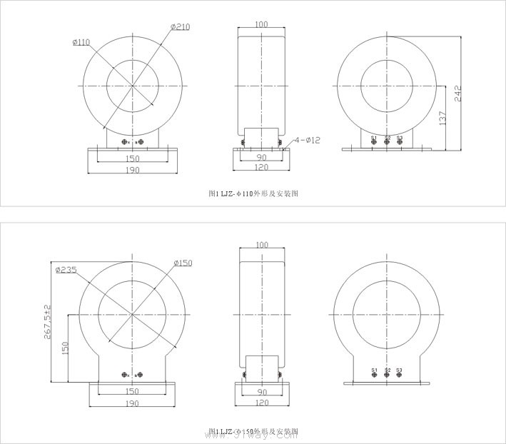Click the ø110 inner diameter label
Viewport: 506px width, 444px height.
coord(81,42)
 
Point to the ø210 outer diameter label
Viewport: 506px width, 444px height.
coord(180,27)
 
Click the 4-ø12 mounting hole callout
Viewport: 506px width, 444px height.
coord(307,140)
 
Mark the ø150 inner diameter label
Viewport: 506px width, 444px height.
coord(182,263)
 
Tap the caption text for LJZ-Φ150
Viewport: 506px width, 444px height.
coord(253,432)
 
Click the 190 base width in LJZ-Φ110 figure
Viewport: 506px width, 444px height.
coord(132,170)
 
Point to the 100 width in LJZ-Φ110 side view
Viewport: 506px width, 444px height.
coord(260,24)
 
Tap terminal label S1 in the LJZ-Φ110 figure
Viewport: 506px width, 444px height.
coord(373,138)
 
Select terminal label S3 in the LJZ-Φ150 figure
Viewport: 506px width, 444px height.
coord(399,370)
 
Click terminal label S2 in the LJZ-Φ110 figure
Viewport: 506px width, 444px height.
coord(387,138)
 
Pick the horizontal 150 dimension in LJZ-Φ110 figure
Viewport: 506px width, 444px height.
coord(132,158)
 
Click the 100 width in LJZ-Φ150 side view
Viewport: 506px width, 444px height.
coord(260,245)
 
